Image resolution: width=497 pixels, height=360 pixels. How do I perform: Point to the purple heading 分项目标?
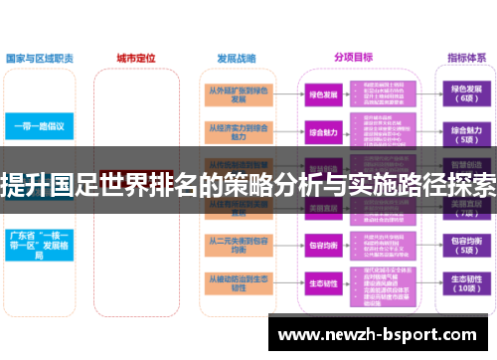coord(354,58)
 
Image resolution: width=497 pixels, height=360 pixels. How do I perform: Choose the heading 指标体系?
coord(466,58)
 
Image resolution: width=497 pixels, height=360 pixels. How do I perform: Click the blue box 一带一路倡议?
coord(39,126)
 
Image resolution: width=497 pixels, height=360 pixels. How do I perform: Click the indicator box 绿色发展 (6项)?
coord(466,95)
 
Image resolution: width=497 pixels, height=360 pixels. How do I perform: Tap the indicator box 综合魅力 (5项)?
coord(466,133)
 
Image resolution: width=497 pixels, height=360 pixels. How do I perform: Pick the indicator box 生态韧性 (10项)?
coord(466,285)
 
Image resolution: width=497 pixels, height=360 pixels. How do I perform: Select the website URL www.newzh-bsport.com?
coord(382,335)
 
